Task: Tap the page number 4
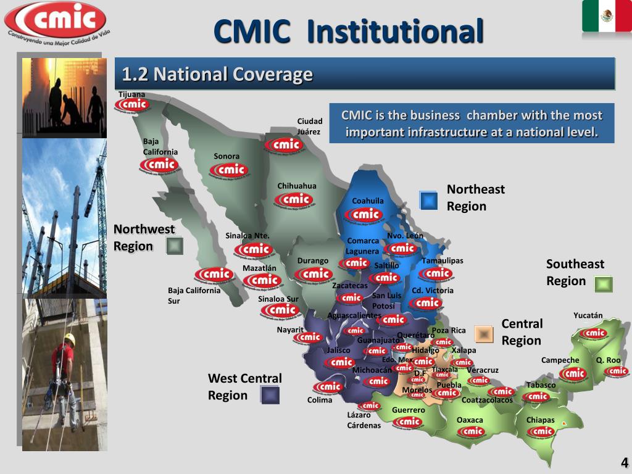(x=624, y=464)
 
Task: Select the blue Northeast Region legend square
(x=428, y=200)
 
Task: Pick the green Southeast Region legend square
(x=604, y=284)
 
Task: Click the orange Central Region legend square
(x=484, y=334)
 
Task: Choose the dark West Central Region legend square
(x=270, y=395)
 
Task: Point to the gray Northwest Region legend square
(x=175, y=246)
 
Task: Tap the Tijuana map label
(x=131, y=94)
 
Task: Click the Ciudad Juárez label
(x=310, y=127)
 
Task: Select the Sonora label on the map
(x=227, y=156)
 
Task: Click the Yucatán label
(x=588, y=315)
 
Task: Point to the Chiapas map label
(x=540, y=420)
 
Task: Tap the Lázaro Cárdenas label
(x=364, y=420)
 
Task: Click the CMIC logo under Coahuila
(x=367, y=214)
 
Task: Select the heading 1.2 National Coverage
(x=217, y=75)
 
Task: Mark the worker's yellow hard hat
(x=70, y=338)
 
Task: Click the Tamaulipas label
(x=442, y=260)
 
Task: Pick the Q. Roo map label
(x=608, y=360)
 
